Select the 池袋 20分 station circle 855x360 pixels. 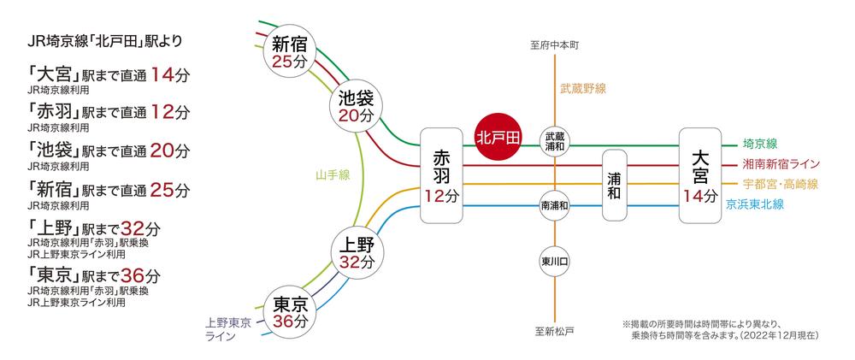pos(356,107)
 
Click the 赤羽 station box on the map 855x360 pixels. pos(442,176)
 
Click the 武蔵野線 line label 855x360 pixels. pos(583,87)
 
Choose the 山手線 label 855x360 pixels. pos(331,176)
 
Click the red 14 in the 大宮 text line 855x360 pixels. pos(162,74)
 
